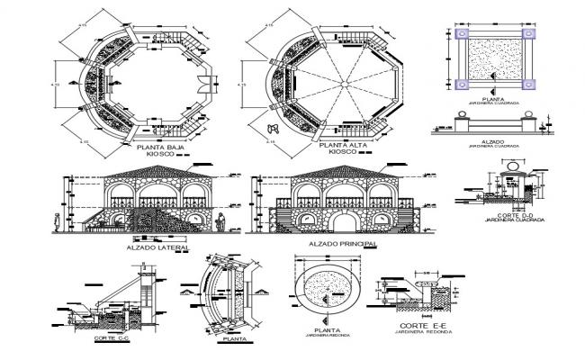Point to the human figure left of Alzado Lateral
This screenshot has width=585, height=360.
57,221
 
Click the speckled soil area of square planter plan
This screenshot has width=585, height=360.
495,60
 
